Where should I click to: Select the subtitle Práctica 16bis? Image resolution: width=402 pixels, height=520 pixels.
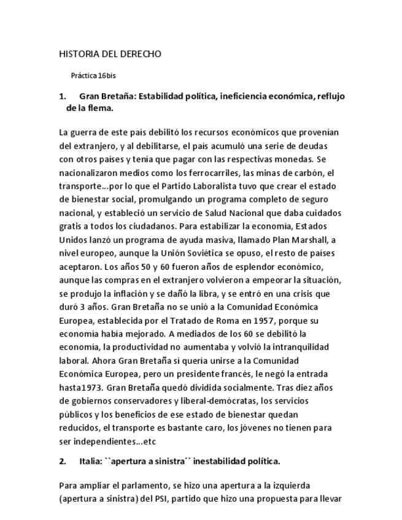(93, 76)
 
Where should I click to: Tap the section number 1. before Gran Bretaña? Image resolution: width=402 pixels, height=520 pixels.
(62, 96)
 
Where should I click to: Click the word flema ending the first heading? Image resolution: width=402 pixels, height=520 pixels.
(100, 108)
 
